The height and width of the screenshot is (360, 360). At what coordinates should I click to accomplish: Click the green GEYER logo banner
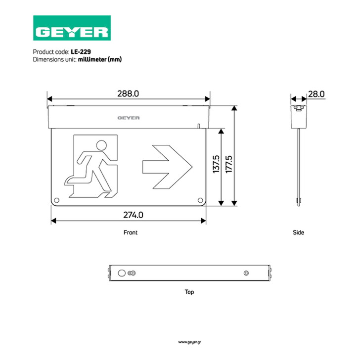click(x=72, y=28)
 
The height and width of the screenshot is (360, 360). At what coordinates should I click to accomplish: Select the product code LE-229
click(x=81, y=51)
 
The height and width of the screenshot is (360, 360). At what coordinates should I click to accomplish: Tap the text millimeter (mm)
click(x=100, y=59)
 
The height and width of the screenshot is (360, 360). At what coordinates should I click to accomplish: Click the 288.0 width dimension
click(x=128, y=93)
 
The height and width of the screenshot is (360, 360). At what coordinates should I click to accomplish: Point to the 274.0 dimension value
click(x=133, y=215)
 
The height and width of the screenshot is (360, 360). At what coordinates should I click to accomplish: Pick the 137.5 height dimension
click(x=216, y=164)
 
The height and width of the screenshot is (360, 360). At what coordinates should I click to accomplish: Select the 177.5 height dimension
click(x=229, y=164)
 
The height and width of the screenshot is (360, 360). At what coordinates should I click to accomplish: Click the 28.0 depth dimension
click(x=316, y=94)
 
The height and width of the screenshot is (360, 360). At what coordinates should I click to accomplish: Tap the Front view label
click(x=131, y=232)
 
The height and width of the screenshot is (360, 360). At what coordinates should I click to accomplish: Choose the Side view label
click(x=299, y=232)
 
